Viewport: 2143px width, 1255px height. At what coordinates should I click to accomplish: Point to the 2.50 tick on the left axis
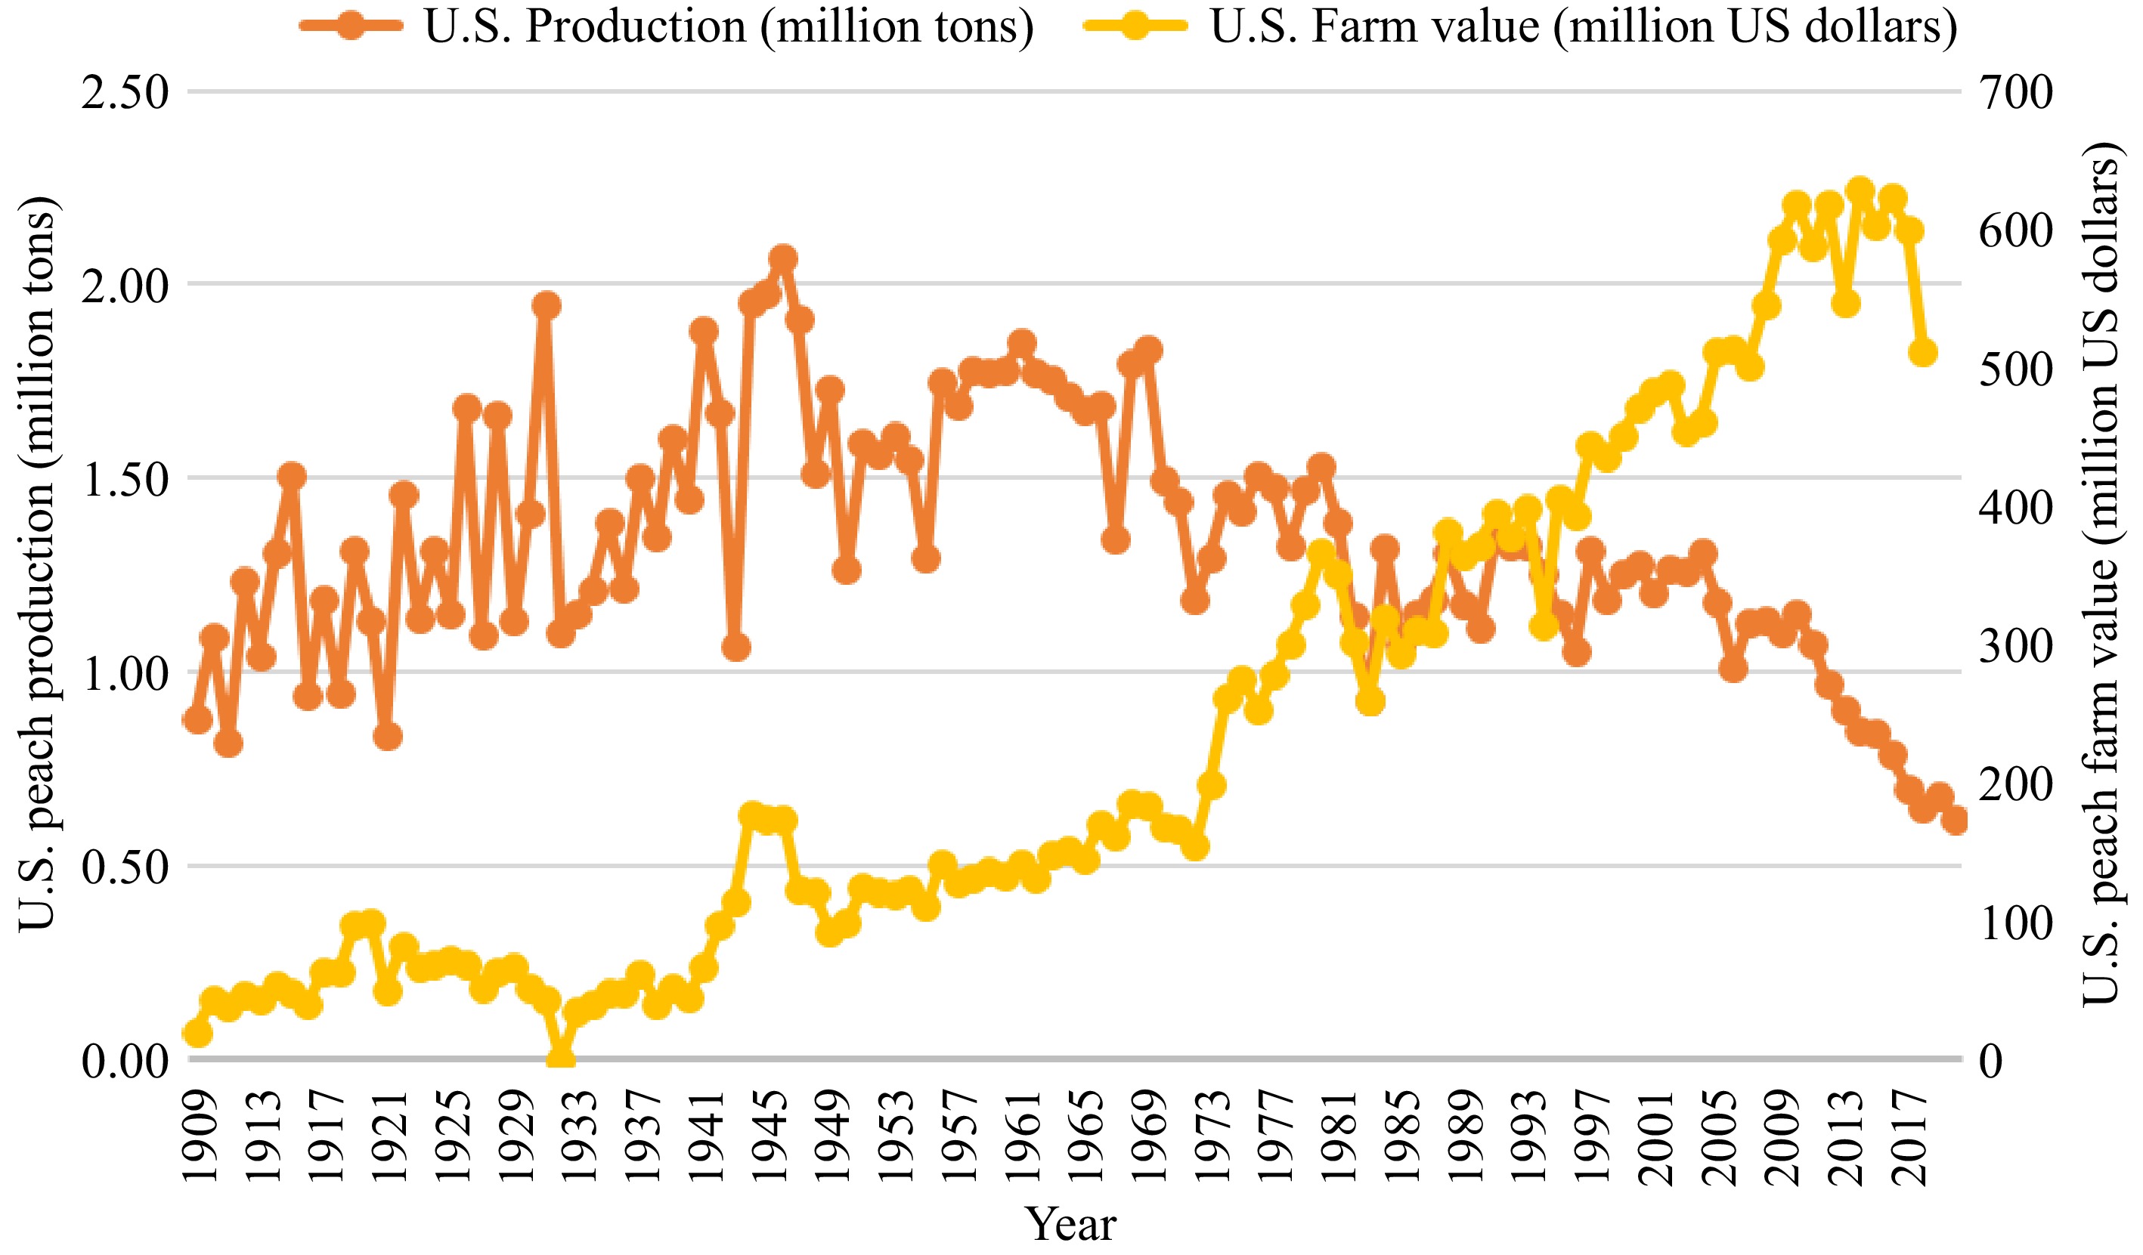coord(125,92)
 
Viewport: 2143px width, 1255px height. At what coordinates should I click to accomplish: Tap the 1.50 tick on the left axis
coord(125,480)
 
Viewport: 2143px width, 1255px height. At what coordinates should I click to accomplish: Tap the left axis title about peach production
coord(36,564)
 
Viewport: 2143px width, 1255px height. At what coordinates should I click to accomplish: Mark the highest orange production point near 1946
coord(783,258)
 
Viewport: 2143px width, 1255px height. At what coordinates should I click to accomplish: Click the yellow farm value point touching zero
coord(560,1059)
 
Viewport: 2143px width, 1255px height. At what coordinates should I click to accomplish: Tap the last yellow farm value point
coord(1924,352)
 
